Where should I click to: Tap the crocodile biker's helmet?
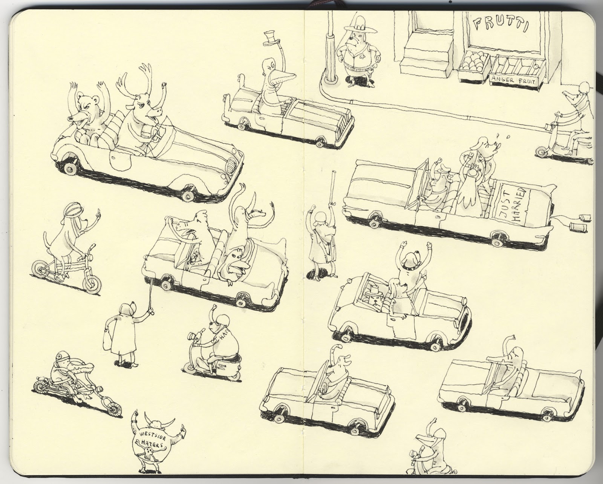[x=61, y=356]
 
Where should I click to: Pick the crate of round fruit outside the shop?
[x=472, y=65]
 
